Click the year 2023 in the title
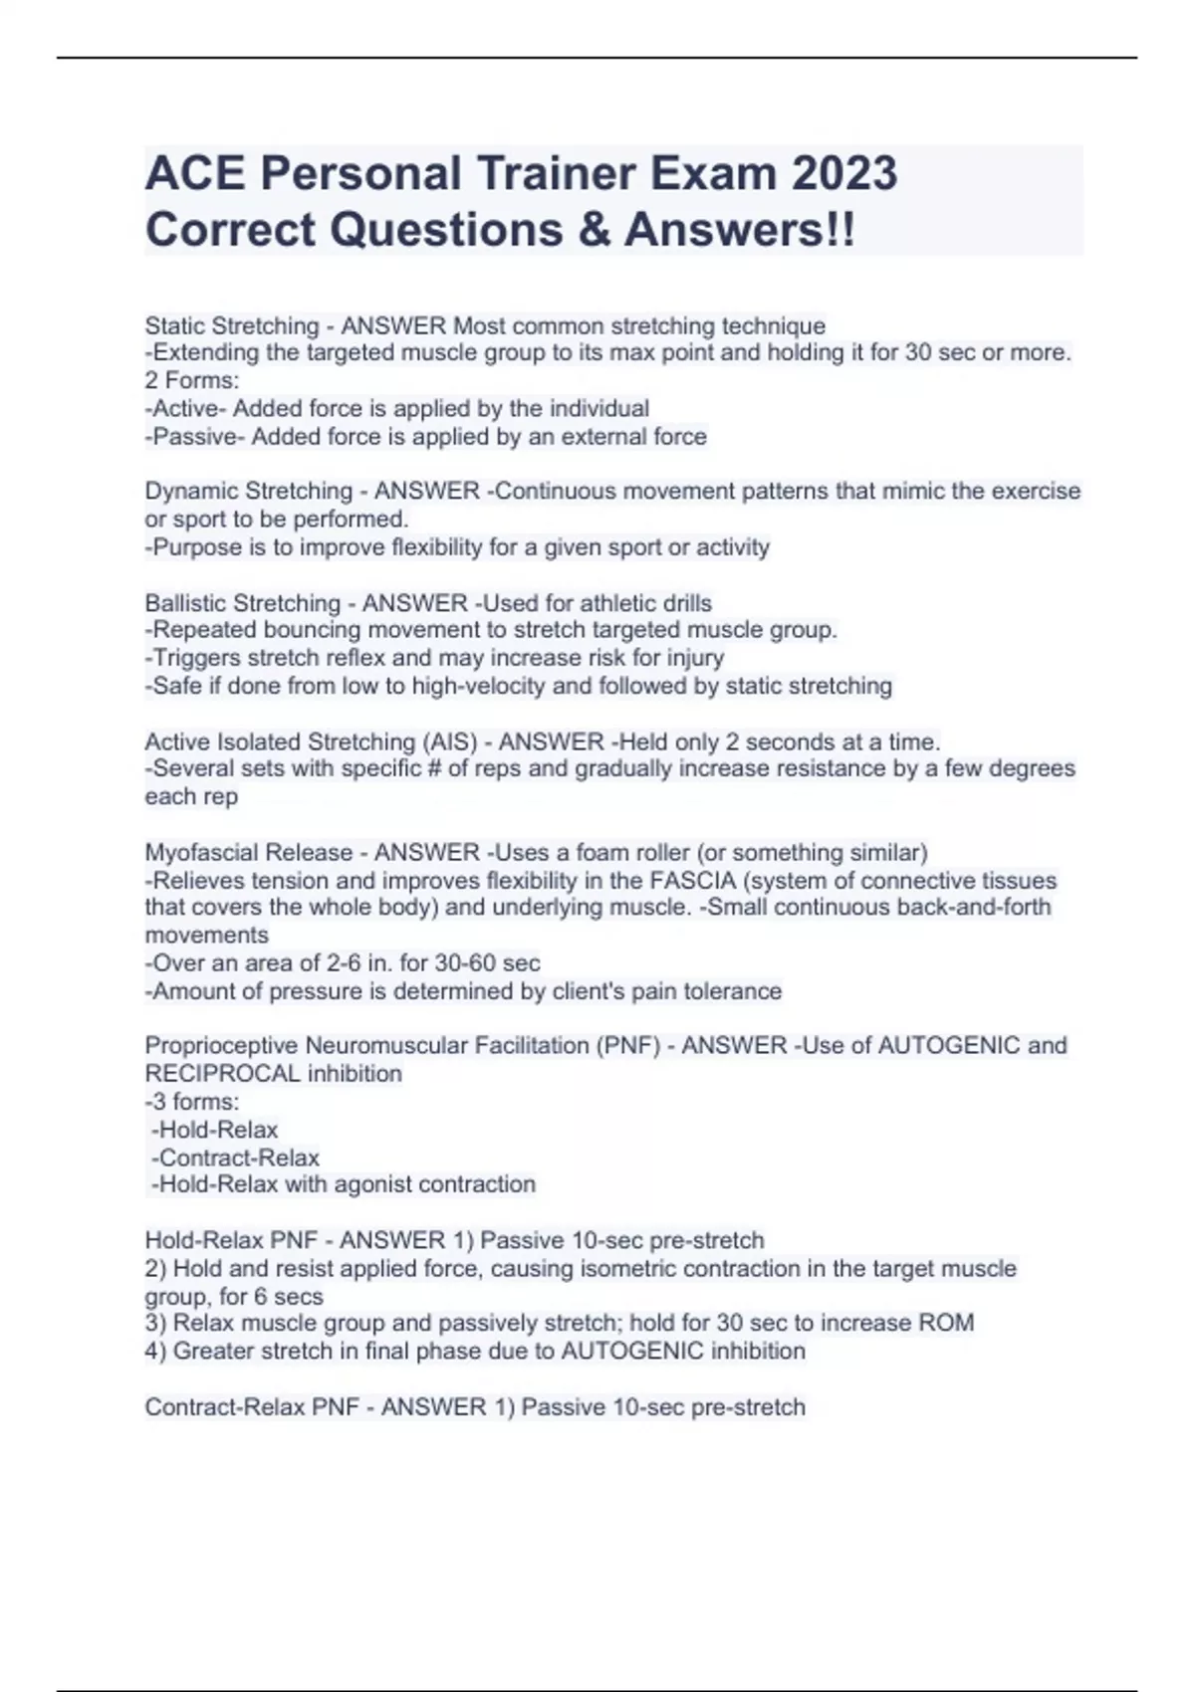(844, 173)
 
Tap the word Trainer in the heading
(558, 173)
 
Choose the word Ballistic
(185, 603)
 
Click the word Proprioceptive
(222, 1045)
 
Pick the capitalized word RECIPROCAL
(222, 1074)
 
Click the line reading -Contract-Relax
(236, 1158)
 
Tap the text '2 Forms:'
(192, 380)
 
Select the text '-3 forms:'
(192, 1102)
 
